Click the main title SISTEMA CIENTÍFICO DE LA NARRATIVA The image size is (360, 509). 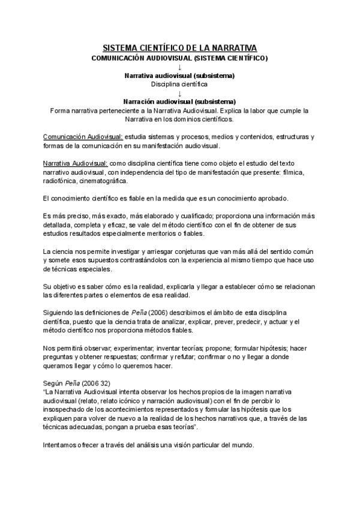pos(179,47)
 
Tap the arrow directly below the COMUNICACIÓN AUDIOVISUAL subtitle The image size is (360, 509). pos(179,67)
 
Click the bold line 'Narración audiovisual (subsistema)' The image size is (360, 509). pos(179,101)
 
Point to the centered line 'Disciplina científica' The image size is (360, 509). pos(179,85)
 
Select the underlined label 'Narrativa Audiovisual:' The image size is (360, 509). pos(76,163)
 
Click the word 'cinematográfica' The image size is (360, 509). pos(106,181)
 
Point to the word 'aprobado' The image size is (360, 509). pos(274,198)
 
